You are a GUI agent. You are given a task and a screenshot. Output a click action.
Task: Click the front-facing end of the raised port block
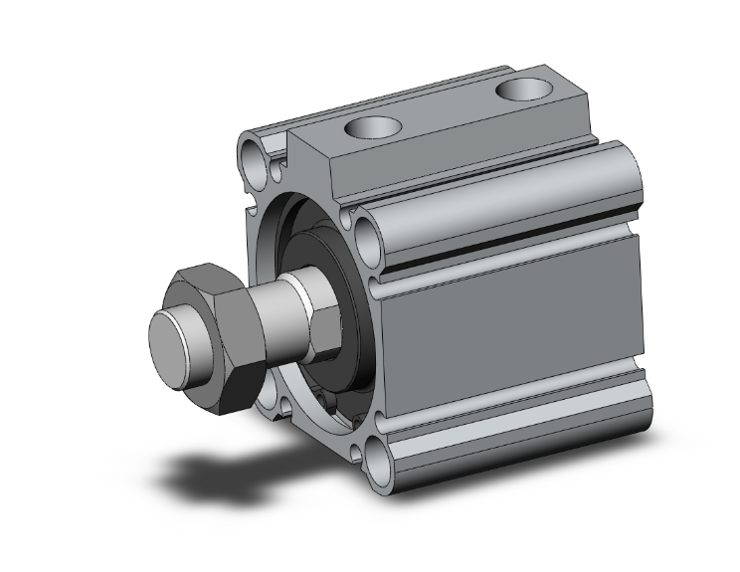click(x=328, y=174)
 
